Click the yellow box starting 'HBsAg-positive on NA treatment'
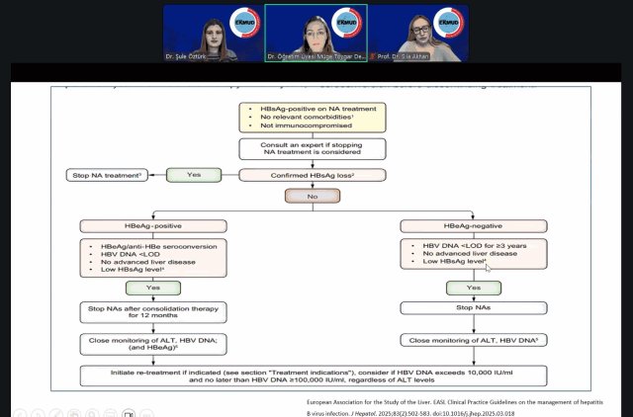tap(316, 115)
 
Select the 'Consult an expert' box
tap(316, 149)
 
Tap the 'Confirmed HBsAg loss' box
tap(316, 175)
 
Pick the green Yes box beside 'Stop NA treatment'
tap(194, 175)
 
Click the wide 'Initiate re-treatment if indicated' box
tap(316, 376)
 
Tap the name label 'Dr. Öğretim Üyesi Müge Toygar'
tap(314, 57)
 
